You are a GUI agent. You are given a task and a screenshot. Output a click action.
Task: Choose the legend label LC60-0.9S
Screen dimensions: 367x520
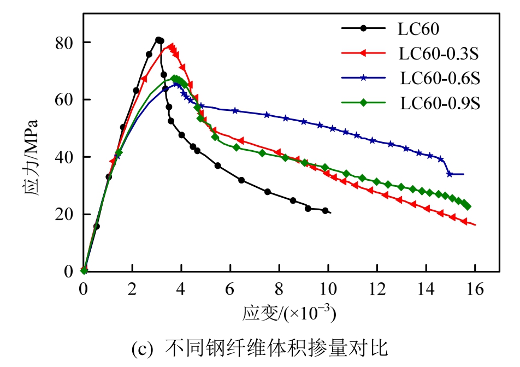pyautogui.click(x=440, y=103)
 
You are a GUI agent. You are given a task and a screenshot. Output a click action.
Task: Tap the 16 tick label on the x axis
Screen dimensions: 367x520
pyautogui.click(x=475, y=289)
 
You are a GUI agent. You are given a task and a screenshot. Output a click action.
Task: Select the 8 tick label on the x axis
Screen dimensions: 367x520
pyautogui.click(x=279, y=289)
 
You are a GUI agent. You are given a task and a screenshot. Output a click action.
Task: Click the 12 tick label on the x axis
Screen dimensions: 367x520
pyautogui.click(x=377, y=289)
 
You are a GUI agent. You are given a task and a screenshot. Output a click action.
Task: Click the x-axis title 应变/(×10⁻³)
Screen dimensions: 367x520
pyautogui.click(x=289, y=314)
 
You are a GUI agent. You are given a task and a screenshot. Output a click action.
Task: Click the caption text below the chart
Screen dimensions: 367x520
pyautogui.click(x=259, y=348)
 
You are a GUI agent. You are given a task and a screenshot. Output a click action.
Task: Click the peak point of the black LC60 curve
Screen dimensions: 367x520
pyautogui.click(x=158, y=40)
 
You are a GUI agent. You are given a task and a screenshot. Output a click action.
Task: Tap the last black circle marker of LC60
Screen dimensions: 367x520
pyautogui.click(x=326, y=210)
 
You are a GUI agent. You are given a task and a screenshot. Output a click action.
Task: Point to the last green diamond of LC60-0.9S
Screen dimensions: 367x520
pyautogui.click(x=468, y=206)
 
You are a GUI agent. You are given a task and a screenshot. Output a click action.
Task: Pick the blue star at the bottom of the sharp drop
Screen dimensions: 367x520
pyautogui.click(x=450, y=174)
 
